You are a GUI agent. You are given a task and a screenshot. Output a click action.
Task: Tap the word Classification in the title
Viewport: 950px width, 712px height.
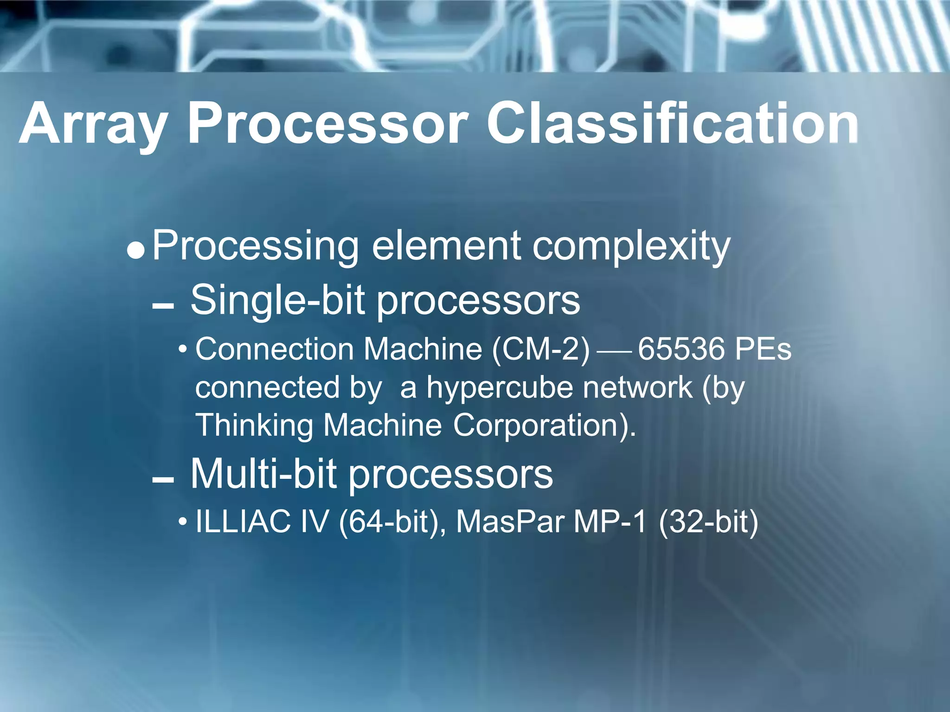pyautogui.click(x=672, y=124)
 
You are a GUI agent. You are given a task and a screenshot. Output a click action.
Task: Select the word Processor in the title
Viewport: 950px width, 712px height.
pyautogui.click(x=327, y=124)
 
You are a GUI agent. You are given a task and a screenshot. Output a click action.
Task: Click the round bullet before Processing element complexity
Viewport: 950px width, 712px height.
pyautogui.click(x=136, y=251)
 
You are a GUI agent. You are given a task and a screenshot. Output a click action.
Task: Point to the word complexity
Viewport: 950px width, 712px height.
pyautogui.click(x=631, y=246)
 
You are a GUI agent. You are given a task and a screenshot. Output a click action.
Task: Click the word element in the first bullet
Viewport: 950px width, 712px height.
pyautogui.click(x=446, y=245)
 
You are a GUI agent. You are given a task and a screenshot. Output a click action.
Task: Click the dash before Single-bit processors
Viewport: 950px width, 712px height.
pyautogui.click(x=163, y=306)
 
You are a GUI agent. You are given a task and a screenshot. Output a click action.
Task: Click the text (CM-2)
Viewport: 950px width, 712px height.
pyautogui.click(x=541, y=349)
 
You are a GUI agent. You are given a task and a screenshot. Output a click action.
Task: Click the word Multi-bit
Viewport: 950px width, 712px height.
pyautogui.click(x=263, y=474)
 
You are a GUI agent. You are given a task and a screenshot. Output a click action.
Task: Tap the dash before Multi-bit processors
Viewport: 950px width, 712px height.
pyautogui.click(x=163, y=480)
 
